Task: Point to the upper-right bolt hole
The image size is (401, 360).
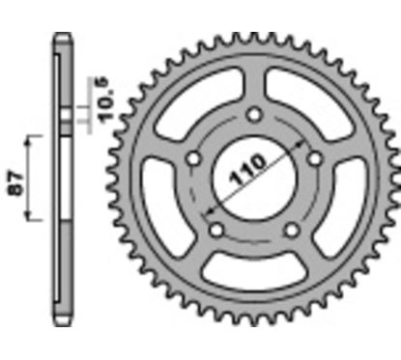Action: point(312,158)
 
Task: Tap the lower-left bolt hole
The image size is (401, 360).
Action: point(215,229)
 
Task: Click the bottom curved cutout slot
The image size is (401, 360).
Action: point(252,281)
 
